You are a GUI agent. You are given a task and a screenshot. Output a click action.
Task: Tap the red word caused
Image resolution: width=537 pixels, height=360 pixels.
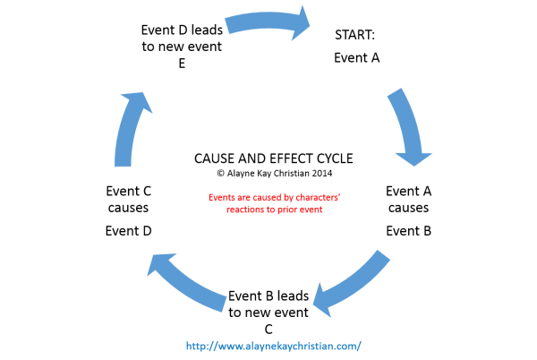pyautogui.click(x=259, y=198)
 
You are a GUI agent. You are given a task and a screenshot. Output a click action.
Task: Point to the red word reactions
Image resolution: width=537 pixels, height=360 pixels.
pyautogui.click(x=243, y=210)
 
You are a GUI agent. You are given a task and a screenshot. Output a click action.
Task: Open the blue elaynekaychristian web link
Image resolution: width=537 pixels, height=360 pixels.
pyautogui.click(x=274, y=346)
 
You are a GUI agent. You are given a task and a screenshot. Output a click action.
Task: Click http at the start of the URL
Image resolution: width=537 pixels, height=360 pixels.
pyautogui.click(x=194, y=346)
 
